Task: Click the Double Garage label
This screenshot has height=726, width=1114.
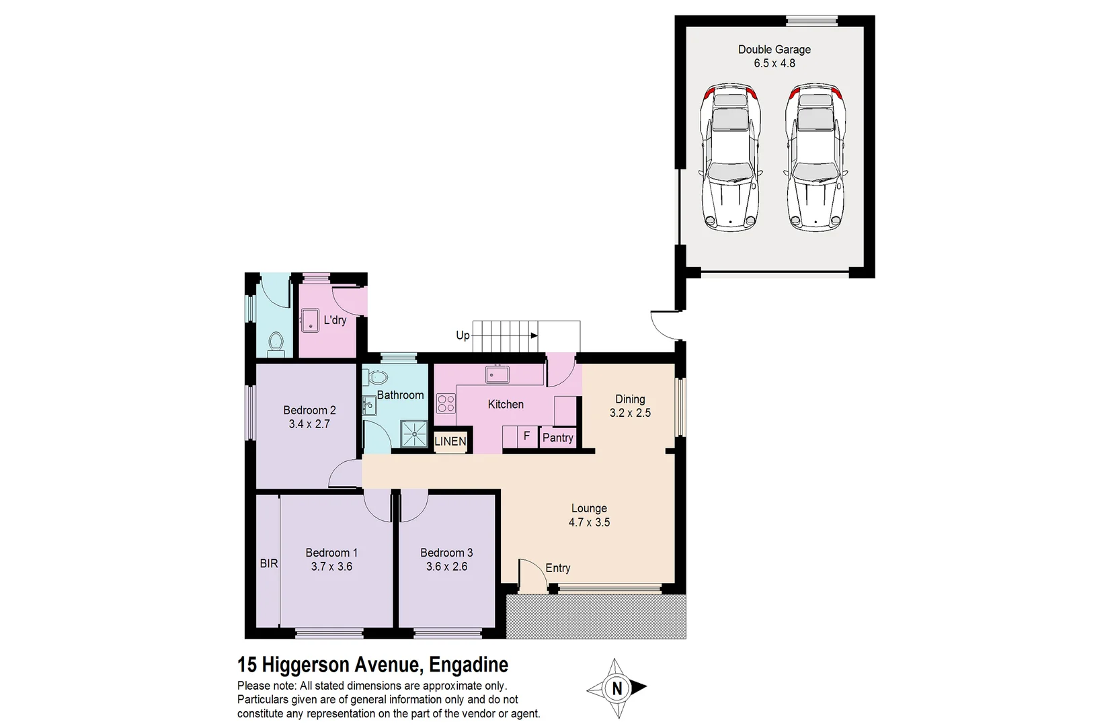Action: click(774, 49)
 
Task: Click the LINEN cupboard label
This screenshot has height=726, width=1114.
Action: click(450, 441)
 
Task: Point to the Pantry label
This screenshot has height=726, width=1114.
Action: click(557, 438)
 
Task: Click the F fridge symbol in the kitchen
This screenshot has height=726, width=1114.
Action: click(526, 436)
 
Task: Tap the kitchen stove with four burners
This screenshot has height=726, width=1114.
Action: click(446, 403)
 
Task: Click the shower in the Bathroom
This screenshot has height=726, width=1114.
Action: click(414, 434)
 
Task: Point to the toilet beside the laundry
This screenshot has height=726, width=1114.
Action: click(276, 344)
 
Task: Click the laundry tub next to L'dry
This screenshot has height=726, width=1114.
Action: click(310, 320)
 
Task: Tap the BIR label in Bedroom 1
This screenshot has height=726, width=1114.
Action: click(269, 563)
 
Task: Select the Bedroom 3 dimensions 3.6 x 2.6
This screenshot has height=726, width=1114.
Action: click(446, 567)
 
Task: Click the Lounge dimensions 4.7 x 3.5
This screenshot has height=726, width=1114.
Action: click(589, 522)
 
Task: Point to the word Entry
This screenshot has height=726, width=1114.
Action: click(557, 568)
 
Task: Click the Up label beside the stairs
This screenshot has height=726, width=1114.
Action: click(463, 335)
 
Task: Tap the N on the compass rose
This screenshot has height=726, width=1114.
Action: click(617, 688)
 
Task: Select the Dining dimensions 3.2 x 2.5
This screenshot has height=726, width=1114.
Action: click(630, 413)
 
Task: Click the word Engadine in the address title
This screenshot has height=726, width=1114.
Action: click(469, 665)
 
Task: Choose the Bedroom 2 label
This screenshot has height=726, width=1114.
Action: click(309, 410)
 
